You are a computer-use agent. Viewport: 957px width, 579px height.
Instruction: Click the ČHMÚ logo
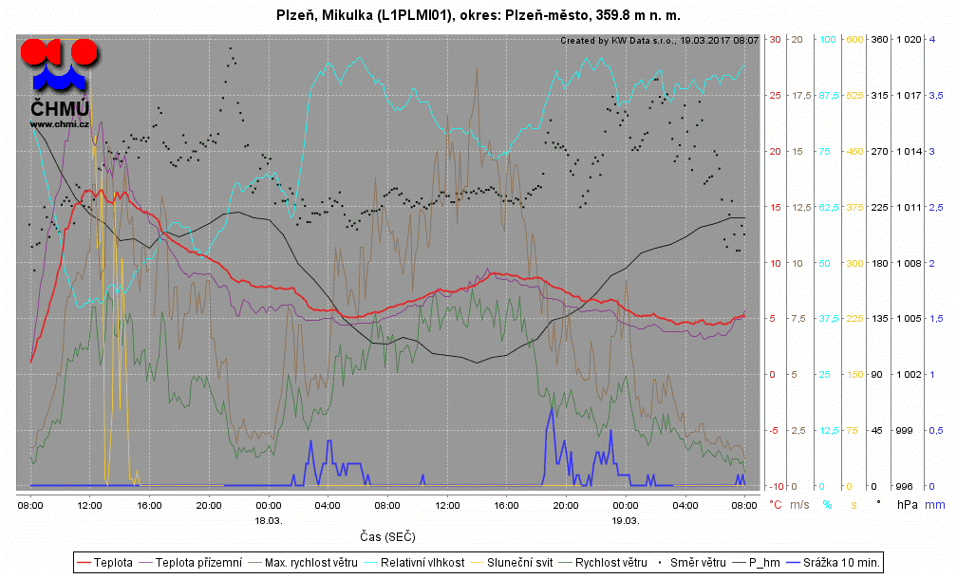pos(59,81)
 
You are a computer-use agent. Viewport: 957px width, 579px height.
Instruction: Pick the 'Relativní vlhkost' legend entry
pos(417,563)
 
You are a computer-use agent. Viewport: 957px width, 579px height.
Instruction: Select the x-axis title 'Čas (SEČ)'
pos(387,537)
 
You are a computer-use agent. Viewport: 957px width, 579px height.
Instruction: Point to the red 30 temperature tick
pos(775,39)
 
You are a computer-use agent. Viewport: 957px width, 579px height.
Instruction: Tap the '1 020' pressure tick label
pos(909,39)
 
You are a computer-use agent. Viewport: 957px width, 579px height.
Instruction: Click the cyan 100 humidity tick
pos(827,39)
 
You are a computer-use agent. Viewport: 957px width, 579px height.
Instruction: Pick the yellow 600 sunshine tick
pos(854,39)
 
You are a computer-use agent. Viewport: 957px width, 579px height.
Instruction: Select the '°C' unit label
pos(775,504)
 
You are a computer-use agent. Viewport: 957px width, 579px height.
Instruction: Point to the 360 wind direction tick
pos(879,39)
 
